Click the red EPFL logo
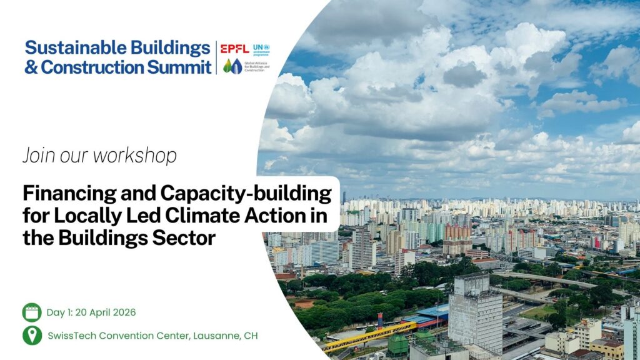pyautogui.click(x=235, y=49)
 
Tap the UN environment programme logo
pyautogui.click(x=261, y=49)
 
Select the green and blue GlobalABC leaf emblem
pyautogui.click(x=232, y=66)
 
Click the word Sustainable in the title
pyautogui.click(x=70, y=47)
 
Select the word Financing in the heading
pyautogui.click(x=69, y=194)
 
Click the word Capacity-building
pyautogui.click(x=246, y=193)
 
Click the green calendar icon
pyautogui.click(x=32, y=312)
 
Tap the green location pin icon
pyautogui.click(x=32, y=336)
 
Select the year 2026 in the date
pyautogui.click(x=124, y=312)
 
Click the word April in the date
pyautogui.click(x=100, y=313)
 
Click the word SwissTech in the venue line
pyautogui.click(x=72, y=336)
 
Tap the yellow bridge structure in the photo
pyautogui.click(x=369, y=337)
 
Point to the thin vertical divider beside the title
pyautogui.click(x=216, y=57)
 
